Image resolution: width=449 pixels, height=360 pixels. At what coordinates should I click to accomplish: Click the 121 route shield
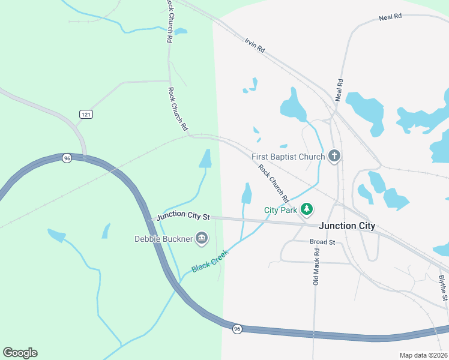[x=86, y=114]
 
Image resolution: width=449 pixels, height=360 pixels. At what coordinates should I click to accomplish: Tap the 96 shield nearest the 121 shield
[x=67, y=158]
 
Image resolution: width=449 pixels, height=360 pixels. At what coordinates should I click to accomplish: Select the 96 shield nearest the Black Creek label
[x=238, y=329]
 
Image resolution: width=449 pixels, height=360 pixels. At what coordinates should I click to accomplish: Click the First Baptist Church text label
[x=288, y=157]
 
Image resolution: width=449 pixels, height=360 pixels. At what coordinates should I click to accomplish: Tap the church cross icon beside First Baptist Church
[x=335, y=157]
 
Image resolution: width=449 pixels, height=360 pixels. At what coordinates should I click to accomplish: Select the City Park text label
[x=281, y=210]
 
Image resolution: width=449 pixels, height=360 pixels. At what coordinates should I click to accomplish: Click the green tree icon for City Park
[x=307, y=209]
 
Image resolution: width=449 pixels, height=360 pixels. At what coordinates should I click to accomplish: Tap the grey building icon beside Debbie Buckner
[x=202, y=239]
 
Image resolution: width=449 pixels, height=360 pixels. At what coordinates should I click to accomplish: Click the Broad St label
[x=322, y=242]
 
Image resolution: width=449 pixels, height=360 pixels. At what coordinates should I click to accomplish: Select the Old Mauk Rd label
[x=316, y=265]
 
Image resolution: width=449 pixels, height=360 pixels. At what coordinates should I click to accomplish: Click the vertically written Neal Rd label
[x=340, y=90]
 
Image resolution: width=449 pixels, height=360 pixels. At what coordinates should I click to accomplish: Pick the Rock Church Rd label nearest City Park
[x=274, y=182]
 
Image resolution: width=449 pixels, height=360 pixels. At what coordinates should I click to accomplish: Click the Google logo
[x=20, y=353]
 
